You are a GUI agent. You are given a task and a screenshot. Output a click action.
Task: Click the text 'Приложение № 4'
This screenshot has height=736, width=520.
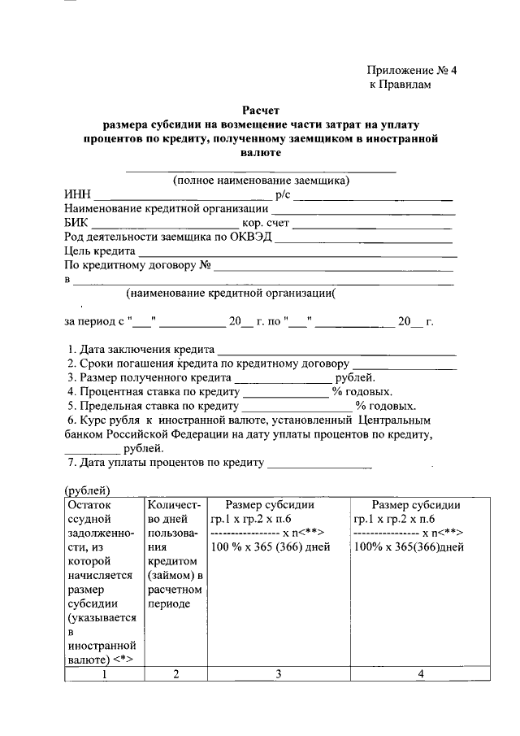coord(412,71)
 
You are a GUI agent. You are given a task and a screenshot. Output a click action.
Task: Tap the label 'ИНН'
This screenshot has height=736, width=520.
coord(77,195)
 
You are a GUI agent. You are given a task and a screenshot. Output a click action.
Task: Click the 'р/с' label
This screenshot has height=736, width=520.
coord(284,195)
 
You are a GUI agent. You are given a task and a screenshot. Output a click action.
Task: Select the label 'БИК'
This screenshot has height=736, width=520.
coord(76,223)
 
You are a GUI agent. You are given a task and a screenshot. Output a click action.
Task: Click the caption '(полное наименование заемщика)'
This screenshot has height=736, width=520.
coord(260,181)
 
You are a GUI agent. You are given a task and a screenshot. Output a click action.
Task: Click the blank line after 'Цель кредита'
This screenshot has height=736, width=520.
coord(297,252)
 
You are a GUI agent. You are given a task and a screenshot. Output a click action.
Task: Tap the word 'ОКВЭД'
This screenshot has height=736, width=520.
coord(252,237)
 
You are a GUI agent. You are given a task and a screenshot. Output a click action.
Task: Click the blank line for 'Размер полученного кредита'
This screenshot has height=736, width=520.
coord(283,378)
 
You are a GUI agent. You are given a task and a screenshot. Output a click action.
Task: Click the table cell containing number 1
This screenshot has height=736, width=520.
coord(102,673)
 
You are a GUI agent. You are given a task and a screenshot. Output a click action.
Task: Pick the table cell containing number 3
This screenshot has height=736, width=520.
coord(277,673)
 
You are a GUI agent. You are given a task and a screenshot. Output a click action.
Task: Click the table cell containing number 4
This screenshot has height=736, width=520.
coord(420,673)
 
